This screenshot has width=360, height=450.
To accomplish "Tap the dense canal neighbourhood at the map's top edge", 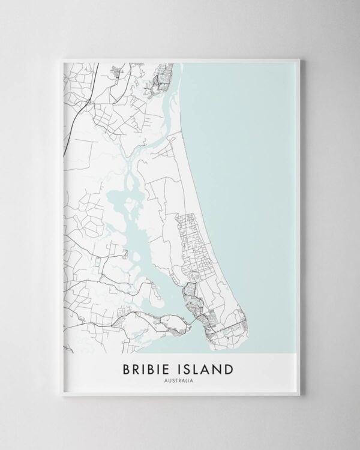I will pyautogui.click(x=162, y=78).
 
